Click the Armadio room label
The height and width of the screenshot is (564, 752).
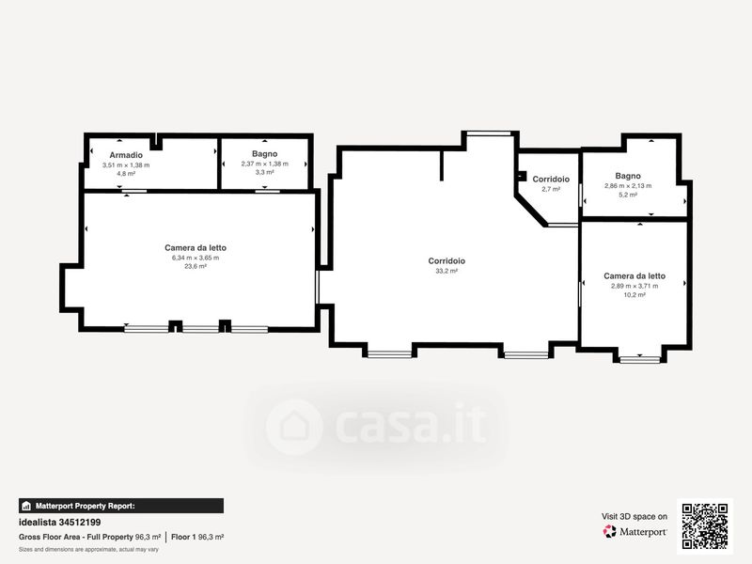[x=126, y=155]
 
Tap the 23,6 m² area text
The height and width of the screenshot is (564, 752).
[x=196, y=266]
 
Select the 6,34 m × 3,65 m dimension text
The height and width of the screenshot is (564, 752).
[x=196, y=258]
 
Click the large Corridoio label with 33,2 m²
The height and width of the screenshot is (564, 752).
[x=446, y=261]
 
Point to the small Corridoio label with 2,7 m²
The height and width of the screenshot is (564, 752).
[x=551, y=179]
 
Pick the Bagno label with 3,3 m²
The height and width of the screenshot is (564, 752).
[x=265, y=153]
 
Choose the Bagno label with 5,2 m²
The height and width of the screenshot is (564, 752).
[x=628, y=176]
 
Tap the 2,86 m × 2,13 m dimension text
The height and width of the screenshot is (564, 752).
[x=628, y=185]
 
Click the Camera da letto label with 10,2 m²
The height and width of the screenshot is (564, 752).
[x=634, y=275]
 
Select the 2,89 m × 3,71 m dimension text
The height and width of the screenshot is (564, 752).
[x=634, y=286]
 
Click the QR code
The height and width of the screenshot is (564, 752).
[x=704, y=526]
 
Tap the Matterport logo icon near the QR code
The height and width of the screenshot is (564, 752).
[x=609, y=531]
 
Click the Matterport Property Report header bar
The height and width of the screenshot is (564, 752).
[x=121, y=506]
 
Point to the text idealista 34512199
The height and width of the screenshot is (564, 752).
[x=59, y=523]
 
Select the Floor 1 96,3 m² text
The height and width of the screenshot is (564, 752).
[x=197, y=537]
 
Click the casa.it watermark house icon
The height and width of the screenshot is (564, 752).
[x=294, y=427]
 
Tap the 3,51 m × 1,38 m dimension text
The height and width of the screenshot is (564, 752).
[x=126, y=165]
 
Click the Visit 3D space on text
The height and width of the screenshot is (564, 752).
[x=634, y=516]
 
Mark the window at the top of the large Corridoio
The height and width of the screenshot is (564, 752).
[x=489, y=133]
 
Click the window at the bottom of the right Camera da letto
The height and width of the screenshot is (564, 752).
[x=640, y=359]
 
